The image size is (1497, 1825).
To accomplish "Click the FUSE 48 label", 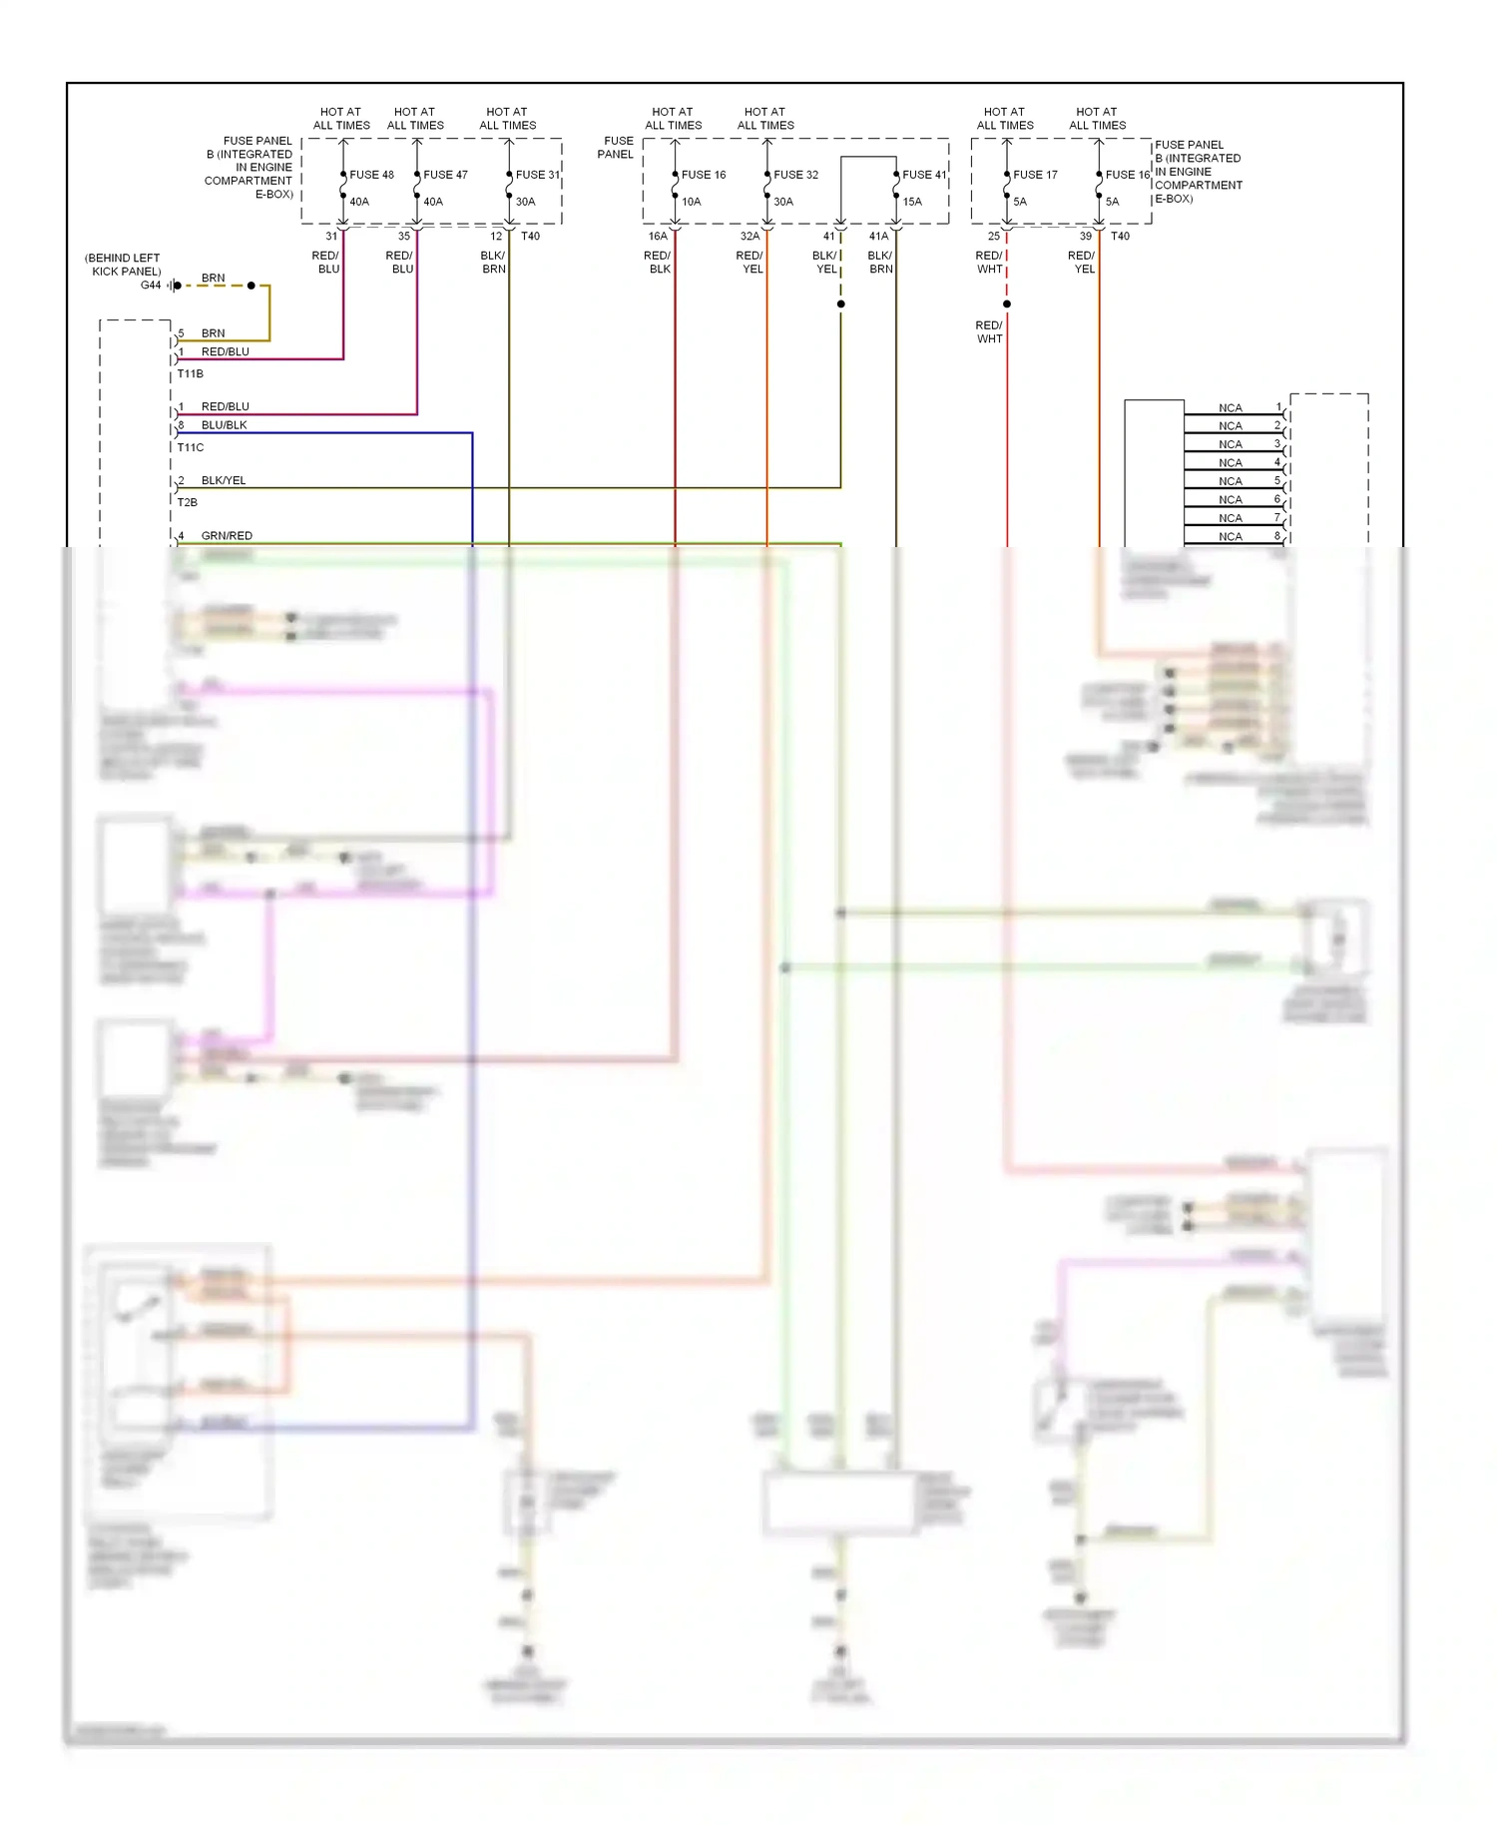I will [371, 175].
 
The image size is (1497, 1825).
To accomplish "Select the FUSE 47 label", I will [445, 175].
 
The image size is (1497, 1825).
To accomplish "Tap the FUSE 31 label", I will [537, 175].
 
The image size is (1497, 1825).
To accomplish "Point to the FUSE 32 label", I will [795, 175].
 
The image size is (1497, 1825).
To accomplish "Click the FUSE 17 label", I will [1035, 175].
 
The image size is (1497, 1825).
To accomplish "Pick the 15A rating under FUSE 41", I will [912, 202].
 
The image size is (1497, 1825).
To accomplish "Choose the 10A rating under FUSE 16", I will [691, 202].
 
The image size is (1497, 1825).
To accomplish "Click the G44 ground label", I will [151, 286].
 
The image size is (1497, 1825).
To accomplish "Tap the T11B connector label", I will [190, 374].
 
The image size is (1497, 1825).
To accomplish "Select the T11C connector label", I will [190, 447].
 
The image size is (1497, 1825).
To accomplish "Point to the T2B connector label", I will [187, 503].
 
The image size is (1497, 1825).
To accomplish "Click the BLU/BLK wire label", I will [224, 425].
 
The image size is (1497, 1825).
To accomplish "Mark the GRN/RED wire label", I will [227, 536].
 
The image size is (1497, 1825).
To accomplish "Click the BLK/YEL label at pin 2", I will [224, 480].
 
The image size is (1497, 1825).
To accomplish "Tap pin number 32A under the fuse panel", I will [749, 237].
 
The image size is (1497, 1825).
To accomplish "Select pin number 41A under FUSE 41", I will [878, 237].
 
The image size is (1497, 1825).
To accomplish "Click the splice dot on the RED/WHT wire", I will [1007, 304].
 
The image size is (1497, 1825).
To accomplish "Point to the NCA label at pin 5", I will [1231, 481].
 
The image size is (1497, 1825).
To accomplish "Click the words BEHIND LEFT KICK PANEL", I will [124, 265].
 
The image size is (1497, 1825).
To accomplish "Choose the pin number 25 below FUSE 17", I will [993, 237].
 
